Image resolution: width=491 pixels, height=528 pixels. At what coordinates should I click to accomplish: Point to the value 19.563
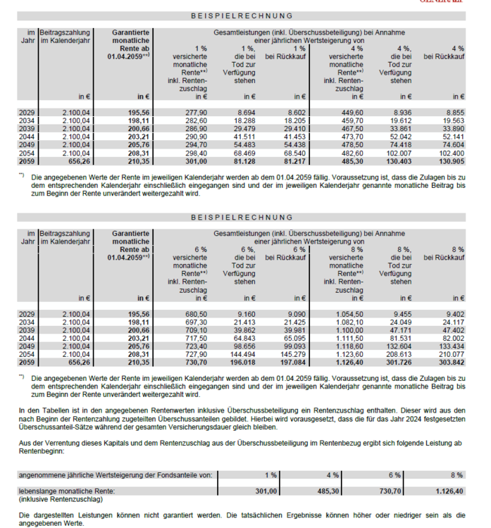[x=454, y=121]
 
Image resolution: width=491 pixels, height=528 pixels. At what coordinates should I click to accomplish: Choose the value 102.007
[x=399, y=151]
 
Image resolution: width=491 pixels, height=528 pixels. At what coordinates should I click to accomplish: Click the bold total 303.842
[x=452, y=362]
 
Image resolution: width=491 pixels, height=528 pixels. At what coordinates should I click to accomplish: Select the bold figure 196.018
[x=243, y=362]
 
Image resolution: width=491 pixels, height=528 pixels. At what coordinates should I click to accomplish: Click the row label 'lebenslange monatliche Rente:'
[x=64, y=489]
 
